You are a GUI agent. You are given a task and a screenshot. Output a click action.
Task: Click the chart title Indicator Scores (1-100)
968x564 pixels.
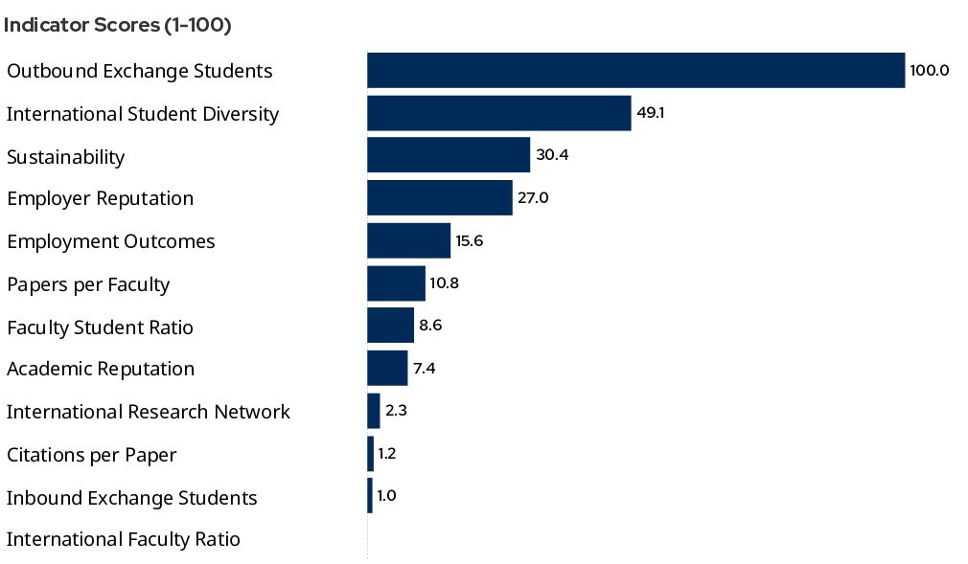[118, 26]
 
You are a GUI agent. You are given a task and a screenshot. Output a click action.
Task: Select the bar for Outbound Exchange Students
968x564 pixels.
[635, 70]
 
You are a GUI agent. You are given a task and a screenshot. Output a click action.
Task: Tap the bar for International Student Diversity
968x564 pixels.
[498, 113]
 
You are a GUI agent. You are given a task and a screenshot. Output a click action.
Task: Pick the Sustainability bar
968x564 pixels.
[448, 155]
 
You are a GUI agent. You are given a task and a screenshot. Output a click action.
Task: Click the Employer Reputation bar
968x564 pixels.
[439, 198]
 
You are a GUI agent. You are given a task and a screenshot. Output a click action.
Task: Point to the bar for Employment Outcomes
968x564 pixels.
[408, 240]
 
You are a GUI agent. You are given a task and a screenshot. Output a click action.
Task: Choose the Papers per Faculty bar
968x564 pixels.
[396, 283]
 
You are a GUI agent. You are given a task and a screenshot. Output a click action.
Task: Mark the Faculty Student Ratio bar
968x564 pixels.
[390, 326]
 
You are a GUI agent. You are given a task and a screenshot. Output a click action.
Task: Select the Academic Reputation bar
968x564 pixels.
[387, 369]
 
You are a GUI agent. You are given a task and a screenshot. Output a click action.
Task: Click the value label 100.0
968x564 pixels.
[930, 70]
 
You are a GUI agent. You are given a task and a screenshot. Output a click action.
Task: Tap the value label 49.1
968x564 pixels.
[651, 113]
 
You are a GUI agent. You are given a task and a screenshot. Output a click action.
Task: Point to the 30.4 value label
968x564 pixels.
[552, 155]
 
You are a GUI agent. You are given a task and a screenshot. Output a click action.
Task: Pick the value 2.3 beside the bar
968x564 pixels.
[397, 411]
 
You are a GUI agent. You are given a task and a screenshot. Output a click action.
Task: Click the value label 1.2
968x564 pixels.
[387, 454]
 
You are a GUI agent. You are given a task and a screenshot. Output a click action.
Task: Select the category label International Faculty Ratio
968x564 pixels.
[124, 539]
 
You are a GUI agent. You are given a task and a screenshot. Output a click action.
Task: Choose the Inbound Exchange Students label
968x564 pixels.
[132, 498]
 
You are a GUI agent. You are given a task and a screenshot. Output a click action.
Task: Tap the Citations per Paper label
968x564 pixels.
[92, 455]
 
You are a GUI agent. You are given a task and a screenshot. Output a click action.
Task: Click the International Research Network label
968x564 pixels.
[149, 412]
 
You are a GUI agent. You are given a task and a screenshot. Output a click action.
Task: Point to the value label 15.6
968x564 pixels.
[470, 240]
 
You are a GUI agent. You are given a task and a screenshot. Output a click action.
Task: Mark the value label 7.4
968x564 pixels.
[425, 369]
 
